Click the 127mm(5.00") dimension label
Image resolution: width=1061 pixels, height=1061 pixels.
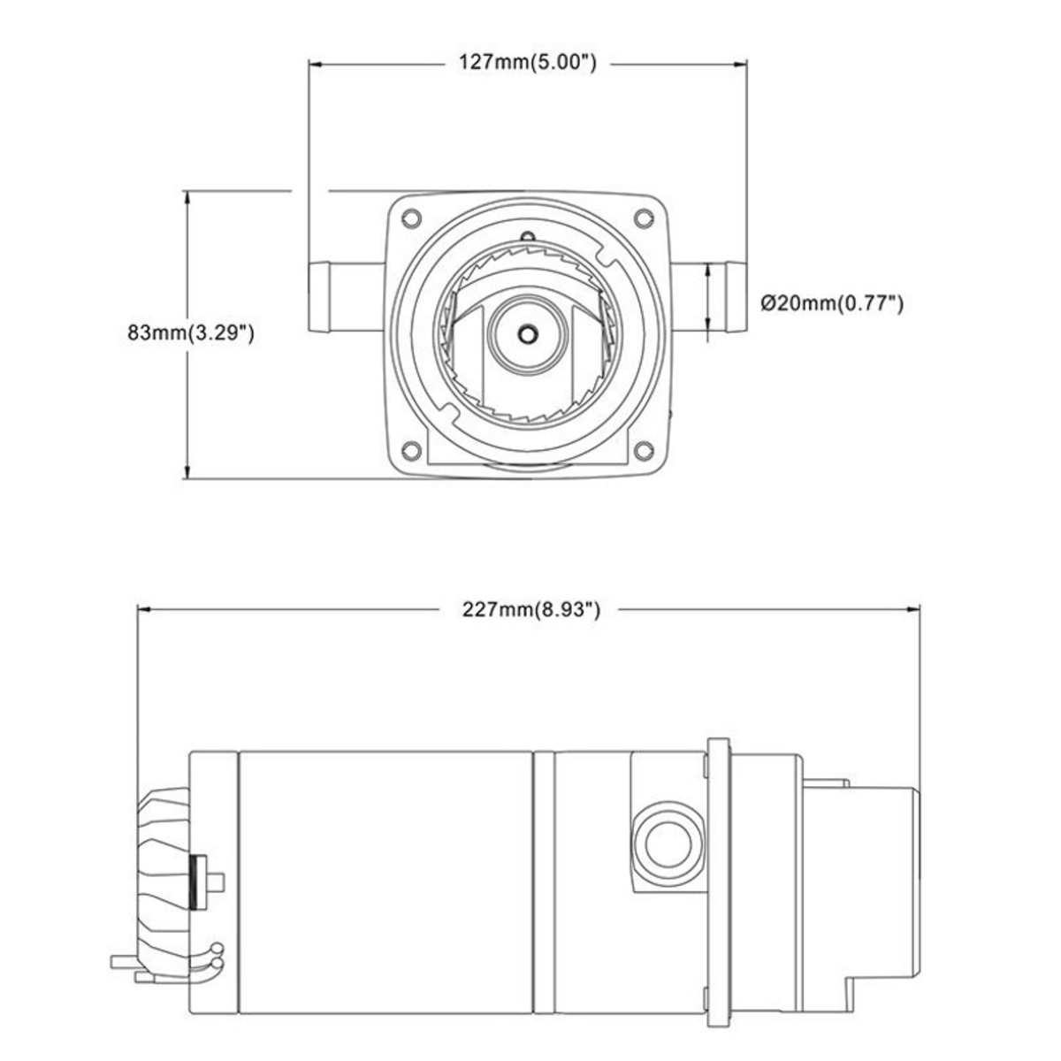click(x=528, y=62)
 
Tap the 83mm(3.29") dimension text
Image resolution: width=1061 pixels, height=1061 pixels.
click(x=190, y=332)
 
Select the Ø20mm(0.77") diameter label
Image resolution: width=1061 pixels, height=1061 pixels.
click(x=832, y=303)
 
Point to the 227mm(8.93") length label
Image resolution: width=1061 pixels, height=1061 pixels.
click(x=530, y=609)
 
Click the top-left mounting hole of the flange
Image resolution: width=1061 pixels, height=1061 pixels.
click(x=411, y=218)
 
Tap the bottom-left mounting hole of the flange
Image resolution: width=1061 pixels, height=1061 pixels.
click(x=411, y=451)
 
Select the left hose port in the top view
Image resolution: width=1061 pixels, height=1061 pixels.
click(x=346, y=297)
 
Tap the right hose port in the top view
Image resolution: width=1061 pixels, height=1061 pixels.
click(x=708, y=297)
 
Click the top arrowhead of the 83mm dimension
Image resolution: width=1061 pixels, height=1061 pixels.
click(x=188, y=198)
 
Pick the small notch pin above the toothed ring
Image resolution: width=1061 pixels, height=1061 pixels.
click(x=528, y=237)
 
